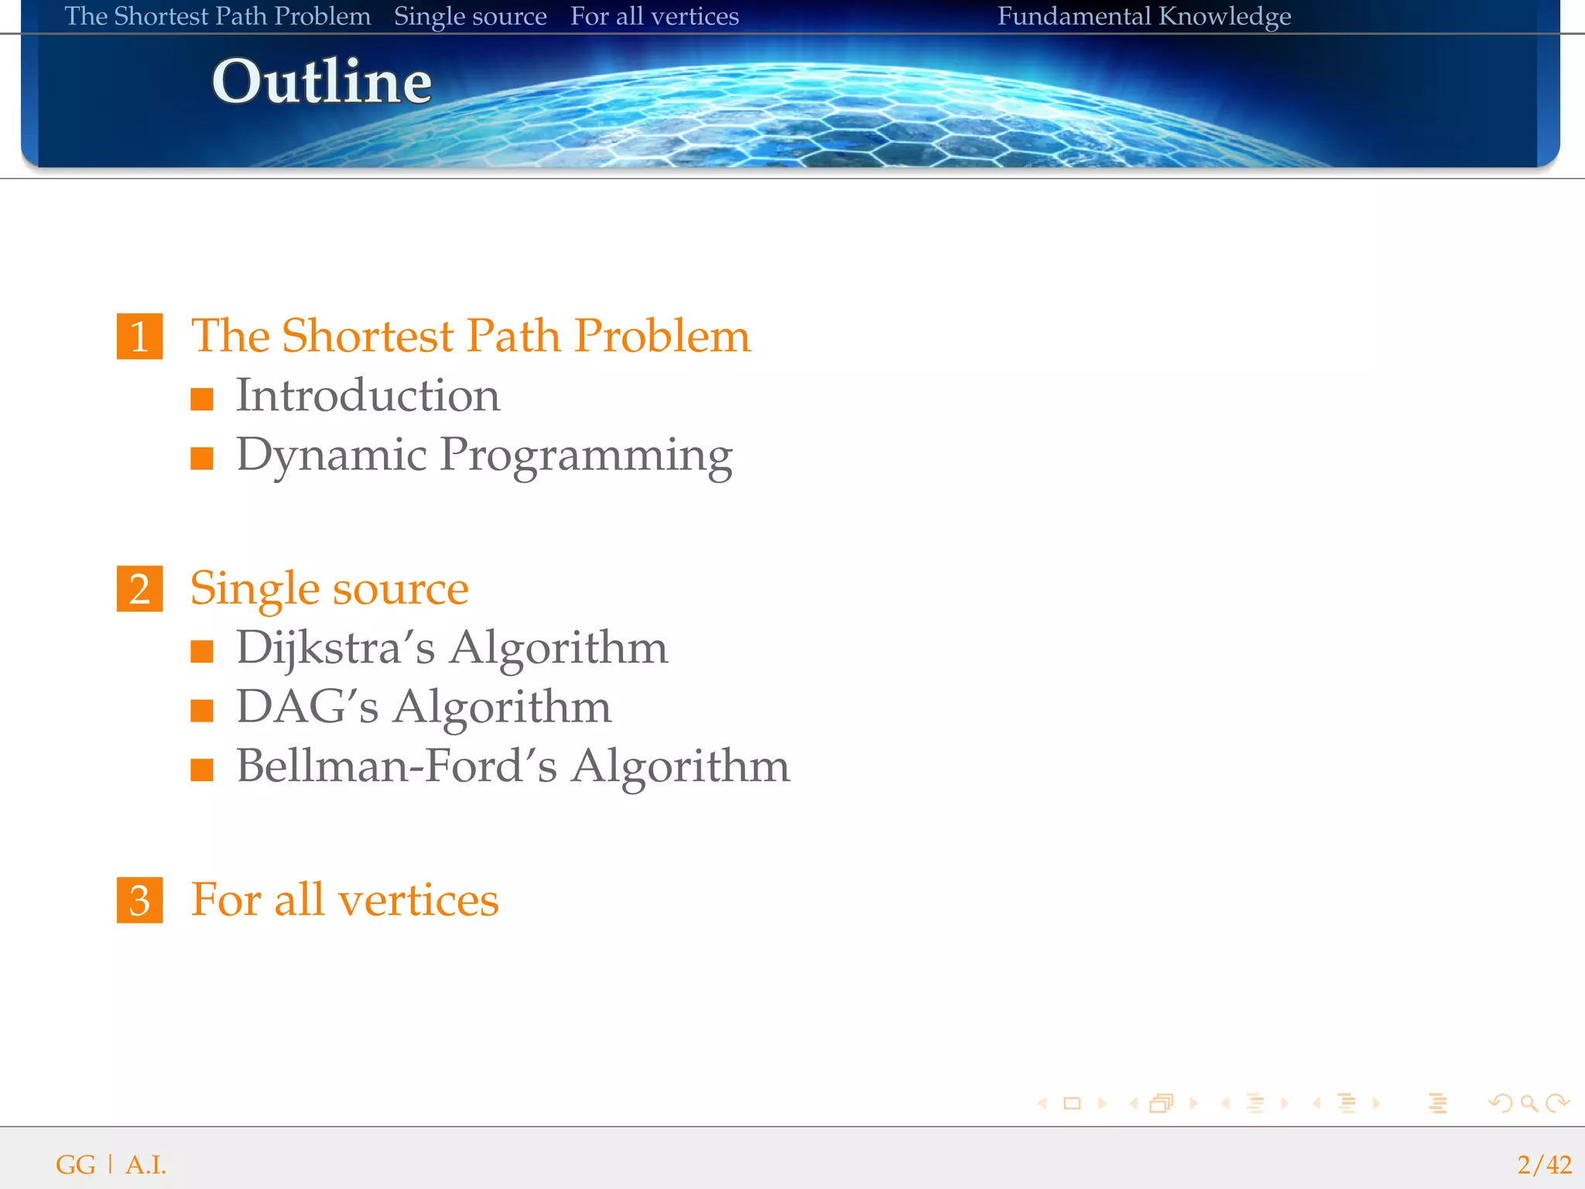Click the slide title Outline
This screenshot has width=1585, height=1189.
point(321,81)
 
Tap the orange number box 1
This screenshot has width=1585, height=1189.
point(139,336)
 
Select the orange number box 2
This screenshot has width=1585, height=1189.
point(139,589)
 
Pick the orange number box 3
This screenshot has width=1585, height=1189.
point(139,900)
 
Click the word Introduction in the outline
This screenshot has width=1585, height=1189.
point(368,396)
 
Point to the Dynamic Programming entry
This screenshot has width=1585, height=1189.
point(484,455)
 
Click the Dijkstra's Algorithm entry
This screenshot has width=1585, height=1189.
point(451,648)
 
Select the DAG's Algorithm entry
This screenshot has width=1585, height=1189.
point(423,707)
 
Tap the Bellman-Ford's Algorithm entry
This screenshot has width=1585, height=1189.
point(512,766)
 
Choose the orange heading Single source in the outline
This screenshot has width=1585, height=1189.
point(329,589)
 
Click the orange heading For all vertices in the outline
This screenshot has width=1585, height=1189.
point(344,900)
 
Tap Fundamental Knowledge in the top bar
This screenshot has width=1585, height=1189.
point(1144,16)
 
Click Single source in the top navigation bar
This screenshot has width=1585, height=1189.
point(470,16)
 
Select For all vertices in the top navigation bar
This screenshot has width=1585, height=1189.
point(654,16)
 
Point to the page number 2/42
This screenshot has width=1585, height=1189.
point(1544,1164)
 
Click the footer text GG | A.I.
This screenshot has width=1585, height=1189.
point(111,1164)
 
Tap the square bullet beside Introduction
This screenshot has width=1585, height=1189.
point(202,399)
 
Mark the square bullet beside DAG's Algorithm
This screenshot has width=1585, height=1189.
point(202,711)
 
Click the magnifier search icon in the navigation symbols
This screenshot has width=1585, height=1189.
point(1529,1103)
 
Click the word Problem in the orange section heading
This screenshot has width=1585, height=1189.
point(662,336)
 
